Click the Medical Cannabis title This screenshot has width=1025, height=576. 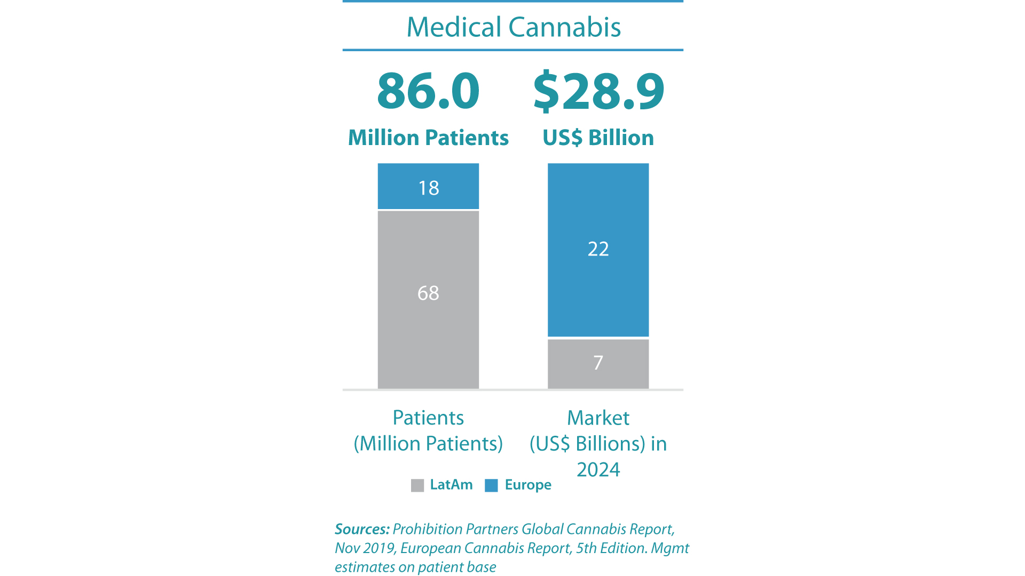(x=514, y=27)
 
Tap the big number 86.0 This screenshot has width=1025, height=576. (x=428, y=91)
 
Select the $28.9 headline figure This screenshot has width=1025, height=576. (x=598, y=91)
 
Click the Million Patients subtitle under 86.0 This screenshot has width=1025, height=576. (x=428, y=138)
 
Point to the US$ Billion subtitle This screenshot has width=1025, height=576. (x=598, y=138)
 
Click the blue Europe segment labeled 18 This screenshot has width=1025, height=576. (x=428, y=187)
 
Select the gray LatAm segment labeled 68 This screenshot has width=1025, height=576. (x=428, y=299)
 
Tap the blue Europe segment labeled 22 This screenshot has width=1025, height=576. (x=598, y=250)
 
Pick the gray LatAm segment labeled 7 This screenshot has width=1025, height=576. (x=598, y=363)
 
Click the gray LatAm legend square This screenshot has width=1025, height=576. (x=417, y=485)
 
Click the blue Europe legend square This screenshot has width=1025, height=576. (x=491, y=485)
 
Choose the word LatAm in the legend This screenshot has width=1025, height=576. (x=451, y=485)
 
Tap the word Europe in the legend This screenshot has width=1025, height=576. (x=528, y=485)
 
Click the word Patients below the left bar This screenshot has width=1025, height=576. (x=428, y=418)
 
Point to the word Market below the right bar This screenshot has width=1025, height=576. (x=598, y=418)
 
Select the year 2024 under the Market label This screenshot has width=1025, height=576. (x=598, y=469)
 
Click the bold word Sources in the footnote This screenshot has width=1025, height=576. (x=362, y=529)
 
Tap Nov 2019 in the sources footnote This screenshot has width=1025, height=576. (x=365, y=548)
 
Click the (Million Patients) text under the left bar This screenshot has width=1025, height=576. (x=428, y=444)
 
